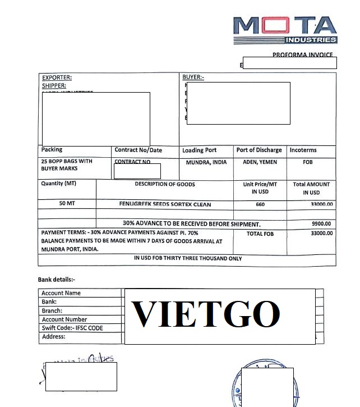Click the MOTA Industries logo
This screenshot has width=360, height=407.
coord(285,29)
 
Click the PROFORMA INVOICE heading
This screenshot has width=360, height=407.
coord(302,55)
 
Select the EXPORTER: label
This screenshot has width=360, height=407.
coord(57,77)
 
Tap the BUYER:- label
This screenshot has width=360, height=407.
coord(193,77)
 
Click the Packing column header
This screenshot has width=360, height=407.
coord(52,150)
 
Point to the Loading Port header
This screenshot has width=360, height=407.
coord(199,150)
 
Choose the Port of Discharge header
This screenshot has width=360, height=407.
coord(259,150)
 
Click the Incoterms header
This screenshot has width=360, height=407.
coord(303,150)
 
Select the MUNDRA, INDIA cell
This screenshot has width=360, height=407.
coord(206,162)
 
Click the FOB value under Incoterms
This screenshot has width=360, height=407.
coord(307,162)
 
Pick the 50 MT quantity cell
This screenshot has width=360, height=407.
coord(67,203)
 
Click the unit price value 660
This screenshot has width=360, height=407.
coord(260,204)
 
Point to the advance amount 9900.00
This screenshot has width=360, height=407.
coord(321,224)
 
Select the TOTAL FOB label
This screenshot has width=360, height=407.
coord(260,234)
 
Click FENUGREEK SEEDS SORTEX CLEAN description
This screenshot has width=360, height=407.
coord(165,204)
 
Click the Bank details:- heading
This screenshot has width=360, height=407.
coord(56,280)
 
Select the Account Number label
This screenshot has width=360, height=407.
coord(64,319)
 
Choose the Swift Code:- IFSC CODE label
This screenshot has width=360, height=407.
coord(72,328)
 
